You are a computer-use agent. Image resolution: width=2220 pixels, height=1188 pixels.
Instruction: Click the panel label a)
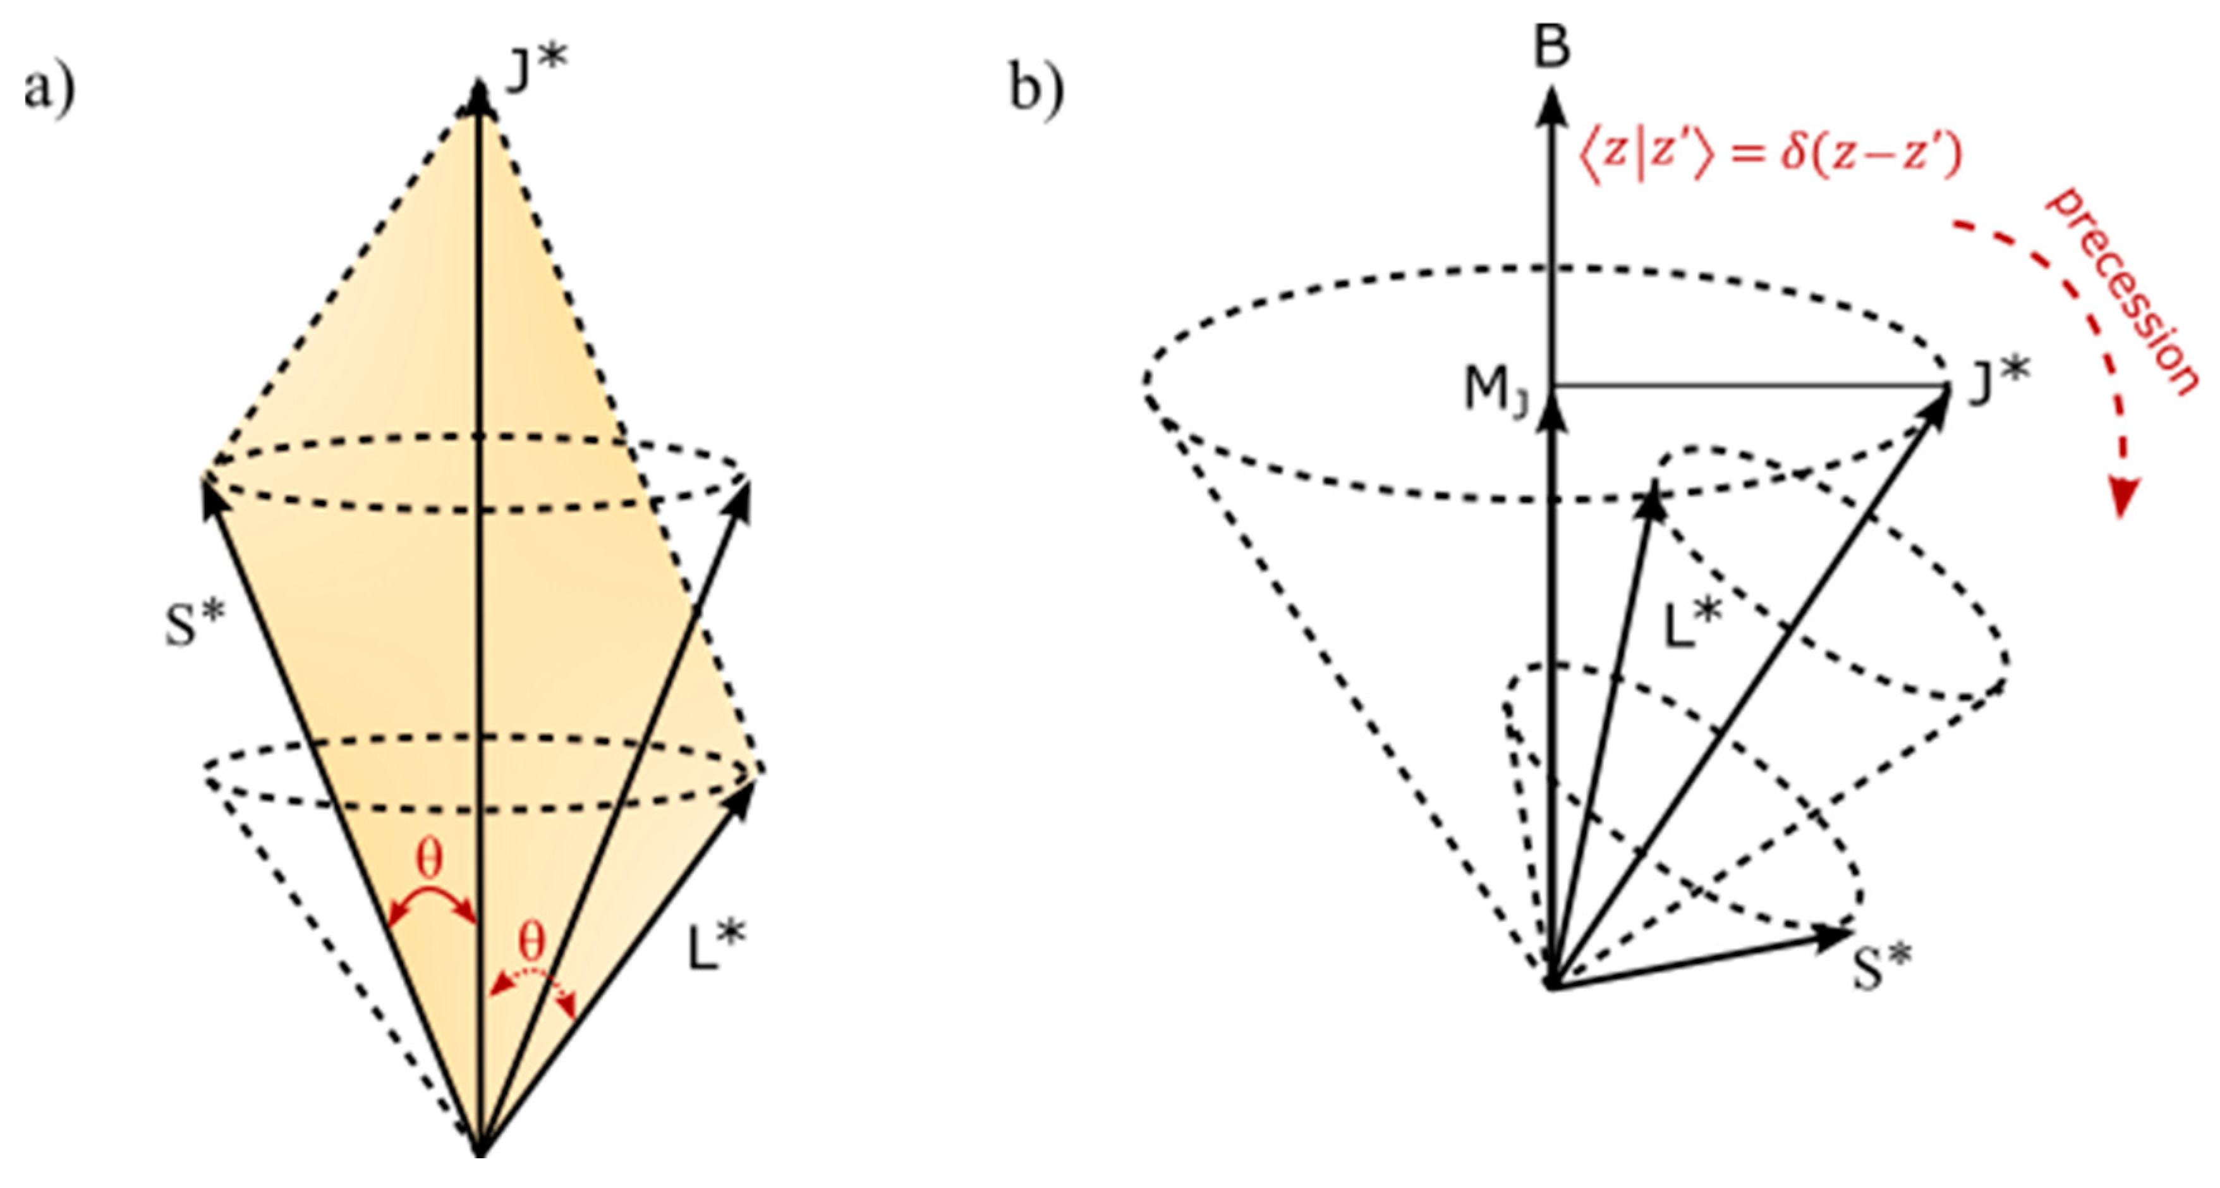49,90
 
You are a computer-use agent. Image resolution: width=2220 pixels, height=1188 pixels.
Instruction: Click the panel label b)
1037,90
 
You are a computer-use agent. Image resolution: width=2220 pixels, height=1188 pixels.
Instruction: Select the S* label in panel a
194,623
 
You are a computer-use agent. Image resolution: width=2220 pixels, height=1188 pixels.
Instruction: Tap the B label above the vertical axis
1552,47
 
